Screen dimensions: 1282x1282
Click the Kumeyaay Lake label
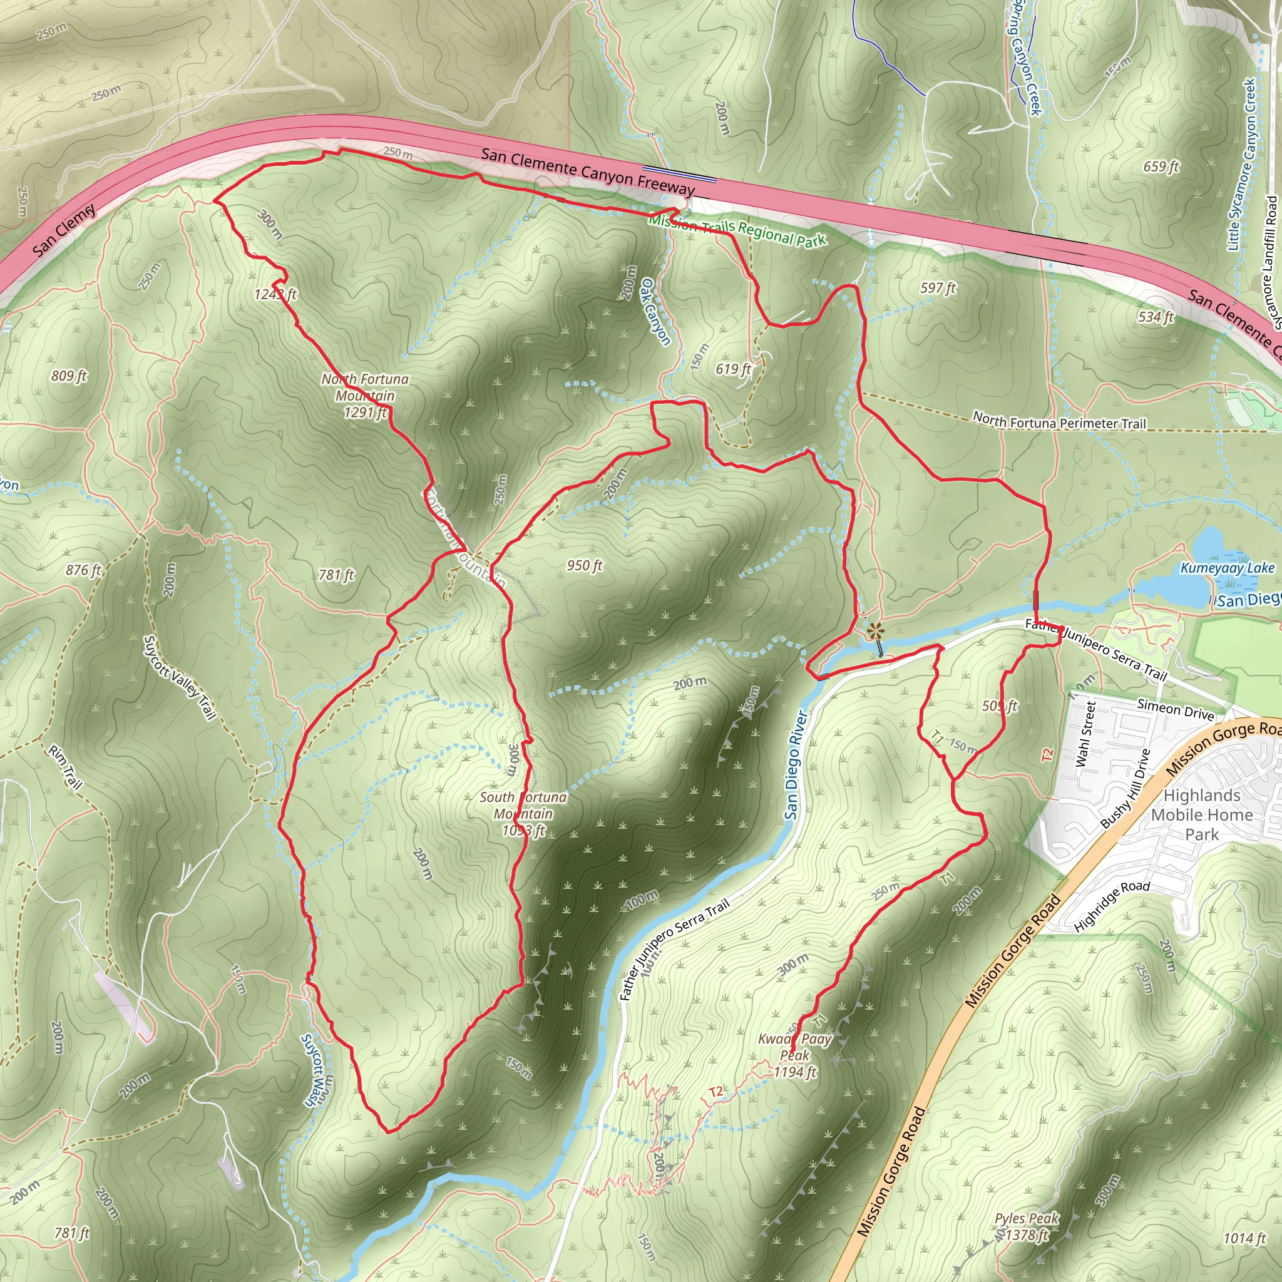pyautogui.click(x=1227, y=568)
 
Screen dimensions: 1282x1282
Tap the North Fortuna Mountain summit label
pyautogui.click(x=365, y=396)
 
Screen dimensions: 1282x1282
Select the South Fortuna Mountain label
pyautogui.click(x=523, y=813)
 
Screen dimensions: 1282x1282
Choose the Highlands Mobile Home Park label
pyautogui.click(x=1202, y=814)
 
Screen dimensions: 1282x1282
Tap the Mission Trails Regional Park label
pyautogui.click(x=737, y=230)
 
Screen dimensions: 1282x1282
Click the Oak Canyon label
pyautogui.click(x=655, y=311)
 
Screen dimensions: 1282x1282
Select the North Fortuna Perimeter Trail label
pyautogui.click(x=1059, y=421)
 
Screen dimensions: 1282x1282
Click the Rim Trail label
pyautogui.click(x=65, y=767)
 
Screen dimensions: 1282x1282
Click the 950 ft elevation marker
pyautogui.click(x=585, y=565)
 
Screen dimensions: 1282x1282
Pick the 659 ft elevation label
pyautogui.click(x=1161, y=167)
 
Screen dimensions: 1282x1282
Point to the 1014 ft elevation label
pyautogui.click(x=1245, y=1238)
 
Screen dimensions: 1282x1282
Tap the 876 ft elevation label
pyautogui.click(x=84, y=570)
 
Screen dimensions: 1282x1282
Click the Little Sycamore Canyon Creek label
pyautogui.click(x=1241, y=165)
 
